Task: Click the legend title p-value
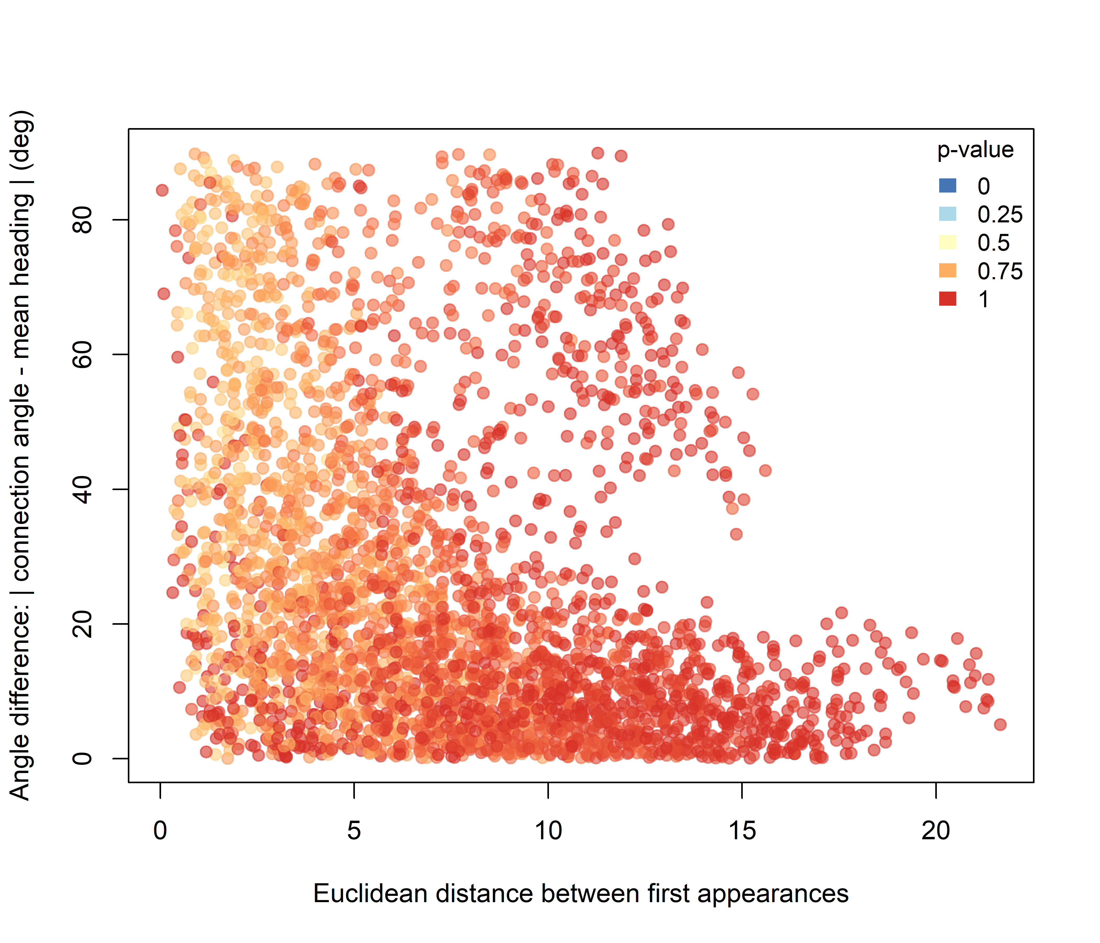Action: (x=975, y=150)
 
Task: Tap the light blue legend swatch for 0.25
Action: (x=948, y=214)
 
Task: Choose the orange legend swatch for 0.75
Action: (x=948, y=271)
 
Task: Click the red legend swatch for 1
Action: (x=948, y=299)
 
